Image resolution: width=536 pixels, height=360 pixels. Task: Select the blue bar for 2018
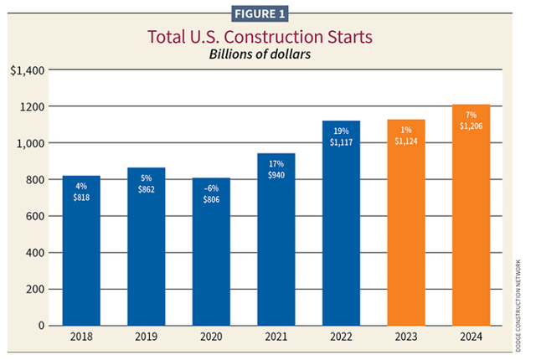point(81,250)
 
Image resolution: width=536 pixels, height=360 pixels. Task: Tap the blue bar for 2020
point(211,251)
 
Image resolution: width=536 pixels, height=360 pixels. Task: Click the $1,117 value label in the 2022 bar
point(341,143)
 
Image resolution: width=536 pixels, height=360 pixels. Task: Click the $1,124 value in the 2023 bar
point(405,141)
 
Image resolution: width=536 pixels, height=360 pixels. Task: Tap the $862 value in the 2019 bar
point(146,189)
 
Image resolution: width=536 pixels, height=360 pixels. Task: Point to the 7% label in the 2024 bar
point(470,114)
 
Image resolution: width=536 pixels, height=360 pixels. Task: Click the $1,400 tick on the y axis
point(26,71)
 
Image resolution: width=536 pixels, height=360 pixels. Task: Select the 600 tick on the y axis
point(33,216)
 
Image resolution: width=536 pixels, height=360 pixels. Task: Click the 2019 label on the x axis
point(146,338)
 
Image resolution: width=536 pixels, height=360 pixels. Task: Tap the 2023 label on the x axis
point(405,338)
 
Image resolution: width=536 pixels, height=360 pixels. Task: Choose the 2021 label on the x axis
point(276,338)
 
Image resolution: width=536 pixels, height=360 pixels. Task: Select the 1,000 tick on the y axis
point(30,144)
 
